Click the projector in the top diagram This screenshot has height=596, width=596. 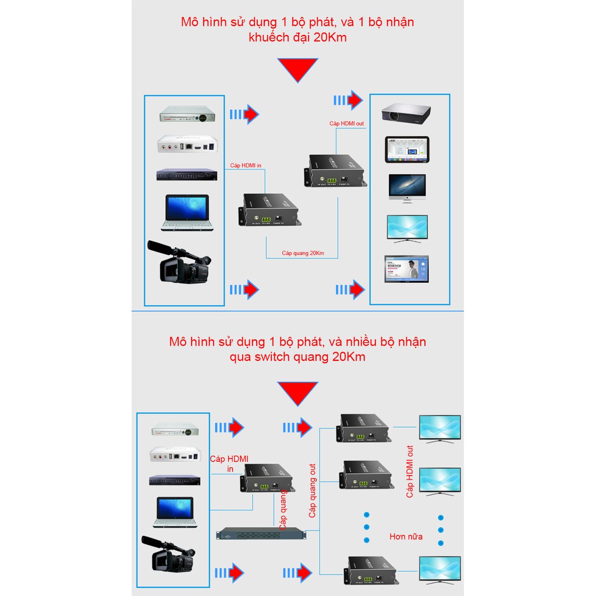406,112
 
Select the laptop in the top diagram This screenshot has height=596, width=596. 186,212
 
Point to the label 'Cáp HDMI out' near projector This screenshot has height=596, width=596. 347,123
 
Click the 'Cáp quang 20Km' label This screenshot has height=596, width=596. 302,253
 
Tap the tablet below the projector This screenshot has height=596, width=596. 407,150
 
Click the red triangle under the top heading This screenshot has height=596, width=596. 297,70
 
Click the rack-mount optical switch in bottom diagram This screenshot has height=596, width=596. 261,533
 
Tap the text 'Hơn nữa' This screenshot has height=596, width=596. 406,536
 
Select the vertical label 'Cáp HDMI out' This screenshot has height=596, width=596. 410,471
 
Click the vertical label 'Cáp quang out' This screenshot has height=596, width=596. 313,491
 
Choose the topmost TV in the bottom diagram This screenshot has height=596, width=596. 440,428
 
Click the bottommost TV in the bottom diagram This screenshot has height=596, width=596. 440,569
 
